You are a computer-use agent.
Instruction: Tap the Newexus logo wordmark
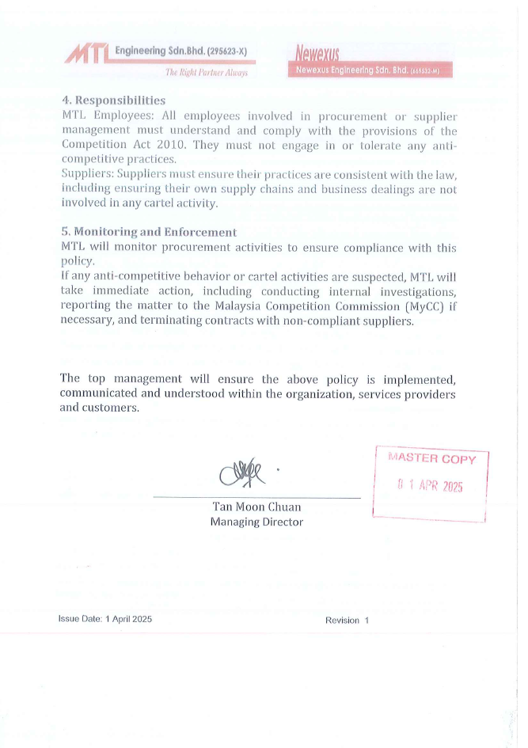(317, 55)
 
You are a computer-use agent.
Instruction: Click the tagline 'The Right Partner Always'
(206, 73)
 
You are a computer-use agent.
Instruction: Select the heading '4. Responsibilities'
(113, 101)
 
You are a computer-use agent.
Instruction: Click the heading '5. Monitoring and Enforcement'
(149, 233)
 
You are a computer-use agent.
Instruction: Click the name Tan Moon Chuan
(256, 507)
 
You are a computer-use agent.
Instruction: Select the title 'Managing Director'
(256, 522)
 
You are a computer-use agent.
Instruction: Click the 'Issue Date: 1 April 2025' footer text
(105, 620)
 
